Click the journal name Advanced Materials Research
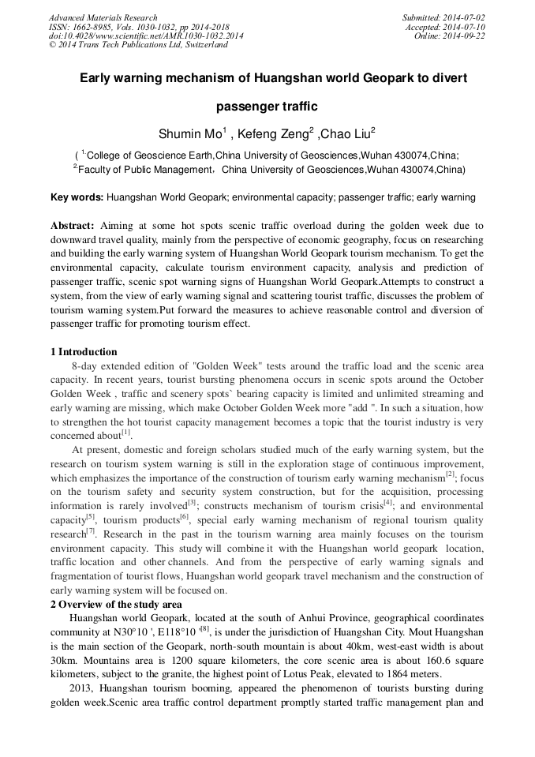tap(103, 17)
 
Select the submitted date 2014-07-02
tap(466, 17)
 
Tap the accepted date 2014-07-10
tap(466, 27)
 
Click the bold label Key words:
tap(76, 197)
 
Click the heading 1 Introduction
tap(84, 352)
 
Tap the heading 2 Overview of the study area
tap(116, 605)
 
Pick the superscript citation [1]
tap(126, 433)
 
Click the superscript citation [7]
tap(90, 530)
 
